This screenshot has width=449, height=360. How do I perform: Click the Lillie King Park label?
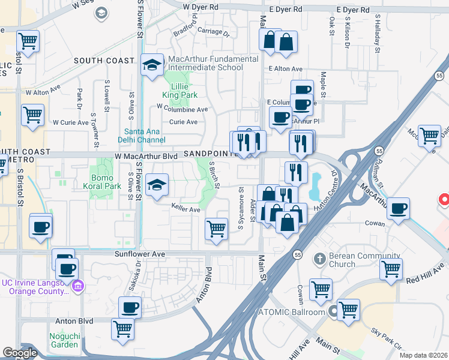tap(179, 91)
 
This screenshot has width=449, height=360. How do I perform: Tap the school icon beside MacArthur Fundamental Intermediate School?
tap(152, 64)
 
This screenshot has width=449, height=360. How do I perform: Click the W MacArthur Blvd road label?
tap(146, 155)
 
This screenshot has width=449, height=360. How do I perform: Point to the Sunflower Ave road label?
tap(140, 254)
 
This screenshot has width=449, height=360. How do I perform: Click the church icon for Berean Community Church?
tap(319, 258)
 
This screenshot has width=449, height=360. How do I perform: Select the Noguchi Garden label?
tap(64, 340)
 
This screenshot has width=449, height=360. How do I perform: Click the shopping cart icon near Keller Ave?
tap(216, 229)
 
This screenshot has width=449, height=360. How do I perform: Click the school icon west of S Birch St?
tap(157, 185)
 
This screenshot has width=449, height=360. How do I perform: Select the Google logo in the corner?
tap(19, 353)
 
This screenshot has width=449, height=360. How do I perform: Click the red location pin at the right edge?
tap(444, 199)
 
